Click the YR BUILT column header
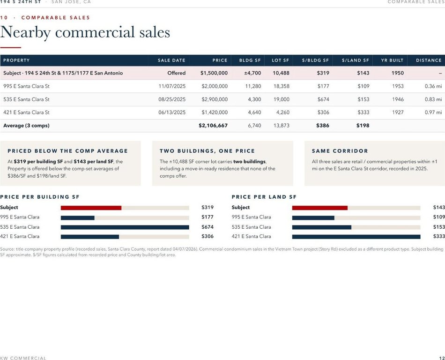[x=392, y=60]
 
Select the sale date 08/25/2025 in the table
[x=172, y=99]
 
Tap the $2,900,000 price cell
[x=215, y=99]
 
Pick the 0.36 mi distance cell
[x=433, y=86]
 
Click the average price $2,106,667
[x=213, y=126]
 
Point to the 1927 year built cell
[x=398, y=112]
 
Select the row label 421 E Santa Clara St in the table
[x=26, y=112]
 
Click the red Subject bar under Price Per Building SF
[x=91, y=208]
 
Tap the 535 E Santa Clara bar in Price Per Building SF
[x=125, y=227]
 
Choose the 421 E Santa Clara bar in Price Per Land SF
[x=356, y=237]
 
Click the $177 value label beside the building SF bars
[x=208, y=217]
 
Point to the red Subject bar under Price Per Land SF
[x=320, y=208]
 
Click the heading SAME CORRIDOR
[x=340, y=151]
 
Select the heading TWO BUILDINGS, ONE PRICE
[x=207, y=151]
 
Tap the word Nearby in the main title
[x=26, y=32]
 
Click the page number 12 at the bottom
[x=442, y=358]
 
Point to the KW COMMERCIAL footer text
[x=23, y=358]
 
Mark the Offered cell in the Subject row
[x=177, y=73]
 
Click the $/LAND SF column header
[x=356, y=60]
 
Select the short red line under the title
[x=10, y=47]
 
